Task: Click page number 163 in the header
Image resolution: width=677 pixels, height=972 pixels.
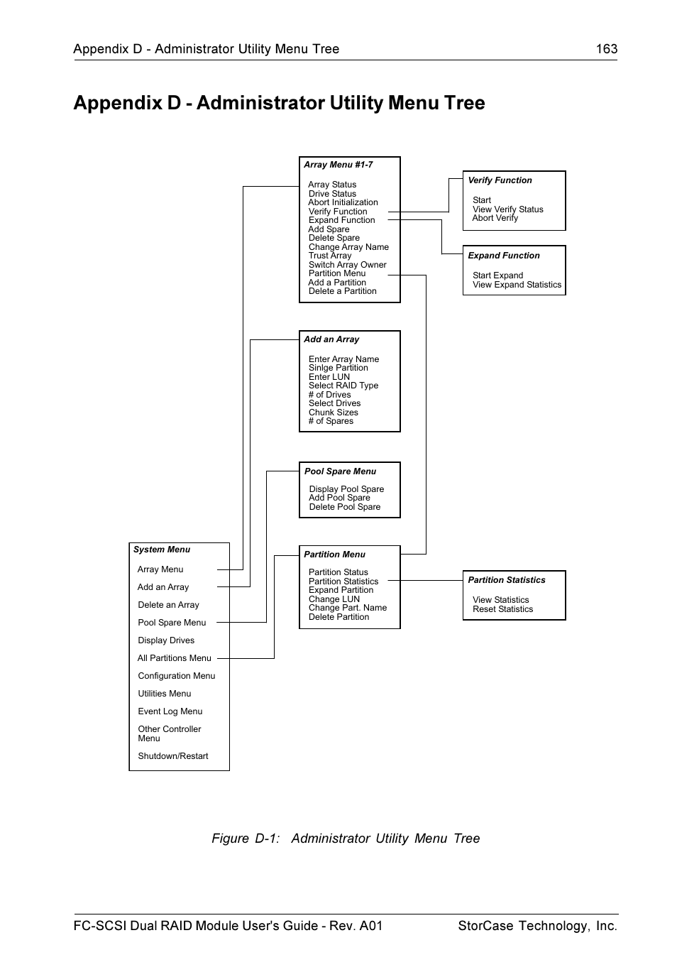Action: (606, 49)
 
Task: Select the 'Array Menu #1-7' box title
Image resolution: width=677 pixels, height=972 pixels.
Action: (338, 165)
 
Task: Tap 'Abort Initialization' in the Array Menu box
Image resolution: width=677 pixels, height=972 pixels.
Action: (343, 202)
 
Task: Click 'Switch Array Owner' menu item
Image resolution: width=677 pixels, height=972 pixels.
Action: (347, 265)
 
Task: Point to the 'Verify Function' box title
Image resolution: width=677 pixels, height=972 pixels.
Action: (500, 180)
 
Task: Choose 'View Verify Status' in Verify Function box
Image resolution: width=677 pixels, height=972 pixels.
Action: (507, 209)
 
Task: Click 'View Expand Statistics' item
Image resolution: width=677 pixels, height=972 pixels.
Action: (517, 285)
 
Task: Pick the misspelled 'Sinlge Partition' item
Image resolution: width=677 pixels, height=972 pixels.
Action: (338, 368)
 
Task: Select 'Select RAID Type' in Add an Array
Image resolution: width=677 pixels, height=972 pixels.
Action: (343, 386)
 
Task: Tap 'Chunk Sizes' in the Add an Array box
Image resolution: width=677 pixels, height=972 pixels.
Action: (333, 413)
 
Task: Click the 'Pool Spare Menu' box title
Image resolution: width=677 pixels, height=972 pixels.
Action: (340, 471)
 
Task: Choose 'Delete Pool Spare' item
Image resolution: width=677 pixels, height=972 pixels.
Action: (344, 507)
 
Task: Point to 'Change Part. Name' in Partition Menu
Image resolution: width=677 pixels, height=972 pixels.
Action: (347, 608)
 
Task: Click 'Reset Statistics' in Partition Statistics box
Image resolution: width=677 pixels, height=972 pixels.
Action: (502, 609)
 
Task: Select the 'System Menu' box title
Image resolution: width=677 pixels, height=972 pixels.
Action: (162, 550)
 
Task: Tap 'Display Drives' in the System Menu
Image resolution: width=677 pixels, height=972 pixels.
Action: (166, 640)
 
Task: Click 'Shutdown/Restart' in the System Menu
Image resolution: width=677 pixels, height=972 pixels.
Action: (173, 756)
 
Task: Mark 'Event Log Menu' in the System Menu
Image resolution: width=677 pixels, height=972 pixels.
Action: (170, 711)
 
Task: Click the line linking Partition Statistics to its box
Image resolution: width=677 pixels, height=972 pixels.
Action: (431, 581)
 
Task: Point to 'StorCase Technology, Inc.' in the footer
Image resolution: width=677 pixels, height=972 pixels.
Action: (537, 926)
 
